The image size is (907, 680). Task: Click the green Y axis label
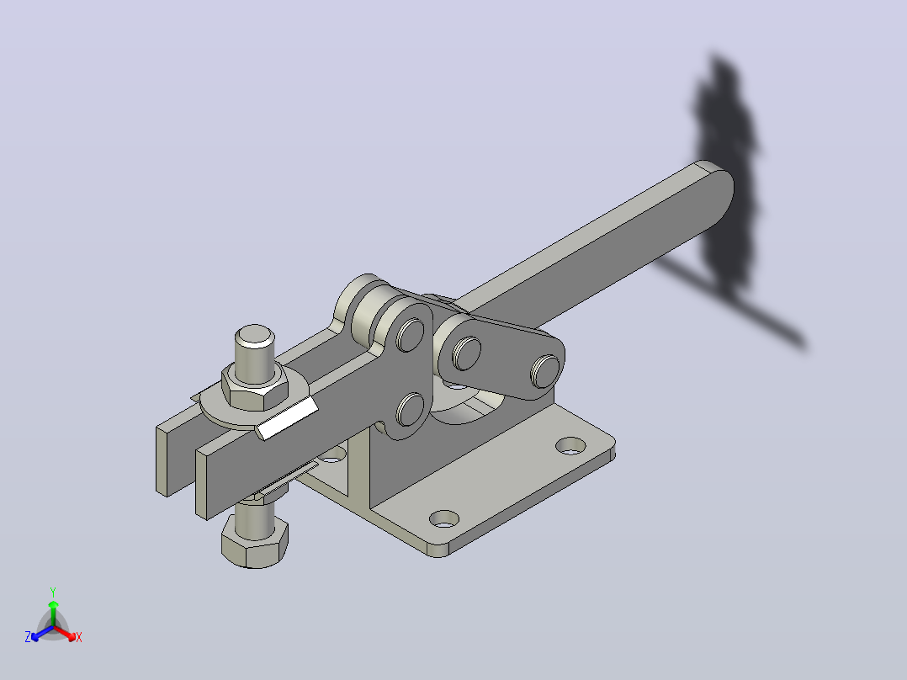(x=53, y=592)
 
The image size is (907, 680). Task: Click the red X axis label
(x=79, y=637)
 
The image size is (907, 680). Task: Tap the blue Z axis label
(x=28, y=636)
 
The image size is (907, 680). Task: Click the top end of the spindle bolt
(x=254, y=334)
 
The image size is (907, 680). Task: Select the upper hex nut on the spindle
(x=254, y=385)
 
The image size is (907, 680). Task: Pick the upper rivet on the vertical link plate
(x=410, y=334)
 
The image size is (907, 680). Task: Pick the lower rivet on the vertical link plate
(x=410, y=409)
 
